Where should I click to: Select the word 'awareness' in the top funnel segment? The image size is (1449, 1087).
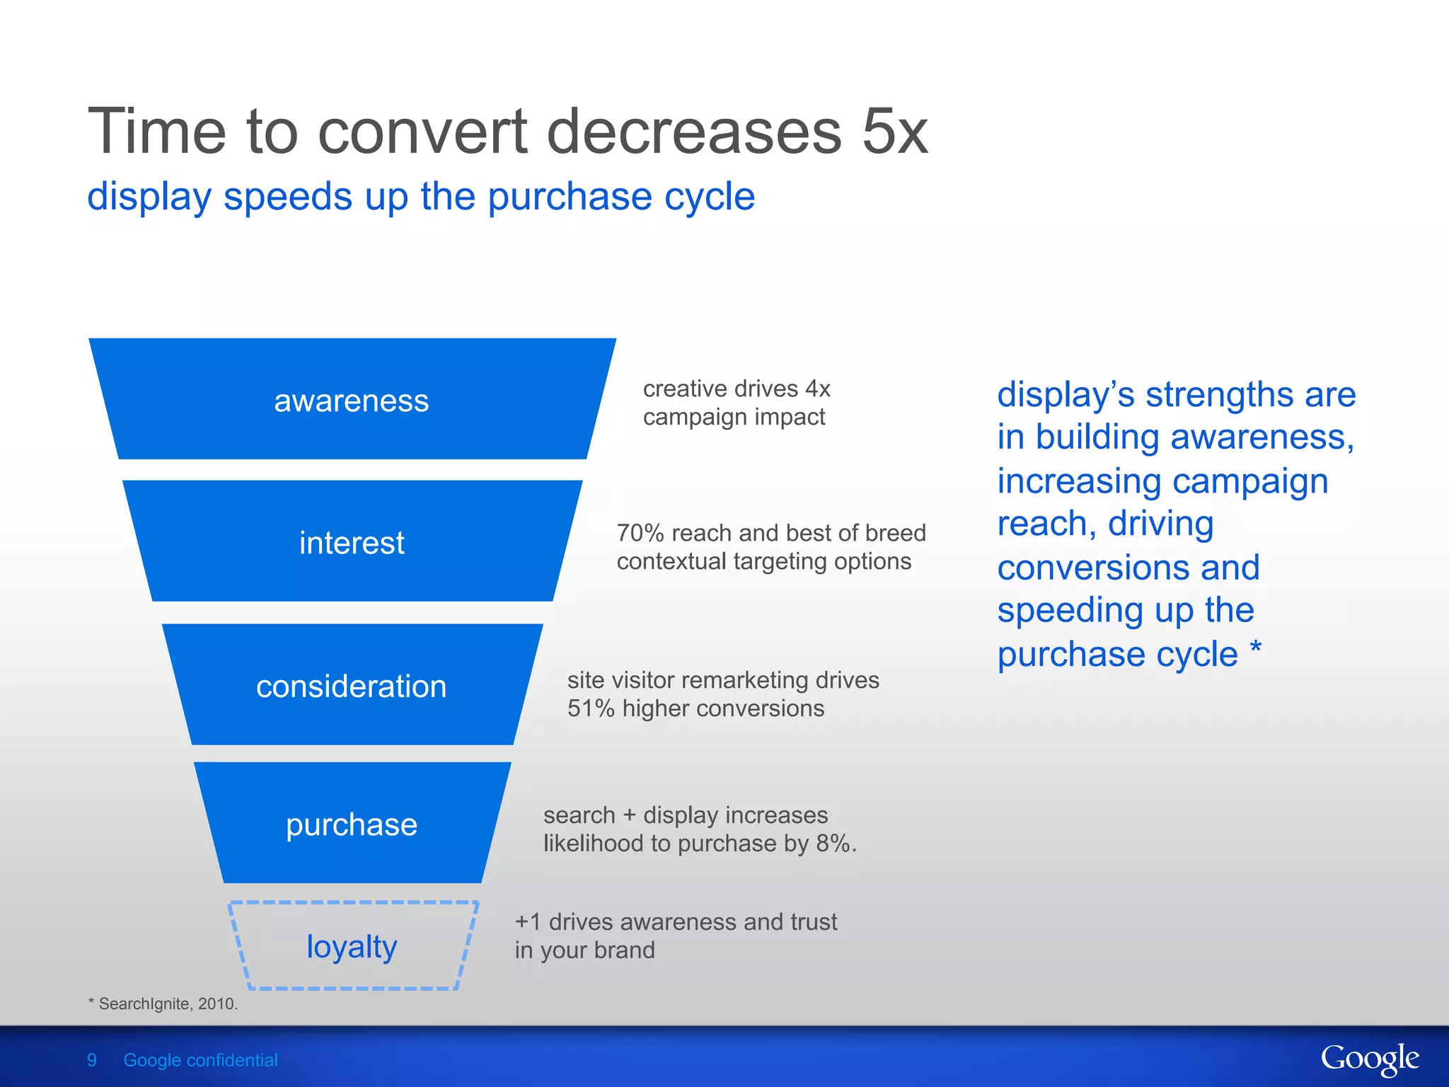click(351, 401)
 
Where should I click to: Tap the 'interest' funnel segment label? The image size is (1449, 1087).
click(351, 543)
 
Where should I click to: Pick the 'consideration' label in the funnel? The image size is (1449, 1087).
click(351, 686)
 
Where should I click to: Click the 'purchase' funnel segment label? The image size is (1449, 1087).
click(351, 825)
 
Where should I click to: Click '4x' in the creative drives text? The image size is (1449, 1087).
click(817, 389)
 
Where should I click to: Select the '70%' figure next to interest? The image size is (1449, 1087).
click(640, 533)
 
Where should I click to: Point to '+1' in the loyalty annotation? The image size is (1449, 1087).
click(528, 922)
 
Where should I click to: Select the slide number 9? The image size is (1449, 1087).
click(92, 1060)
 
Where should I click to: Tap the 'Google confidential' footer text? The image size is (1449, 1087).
click(200, 1060)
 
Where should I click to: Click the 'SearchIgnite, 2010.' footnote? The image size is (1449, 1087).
click(167, 1003)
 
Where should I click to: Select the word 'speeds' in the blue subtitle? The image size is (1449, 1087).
click(287, 197)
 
